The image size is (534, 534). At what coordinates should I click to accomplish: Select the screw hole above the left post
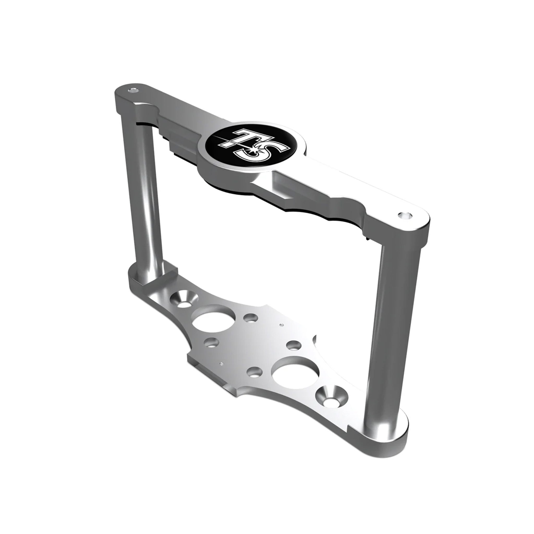pyautogui.click(x=133, y=90)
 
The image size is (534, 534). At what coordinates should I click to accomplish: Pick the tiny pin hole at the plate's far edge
pyautogui.click(x=281, y=325)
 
